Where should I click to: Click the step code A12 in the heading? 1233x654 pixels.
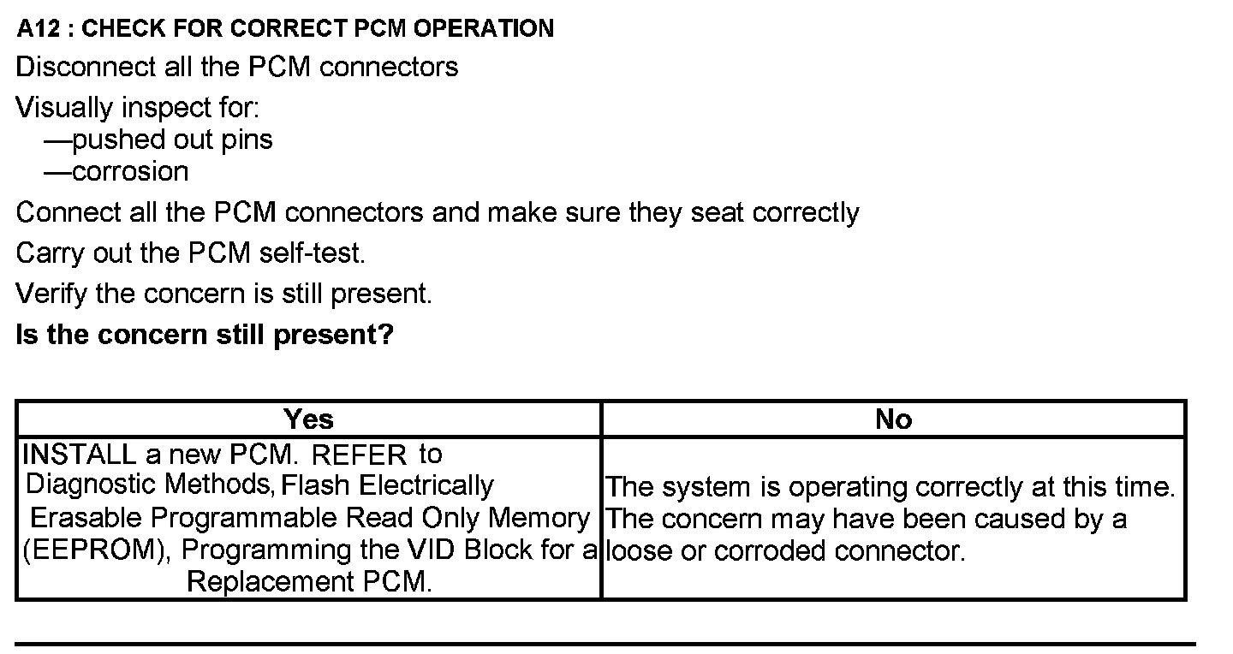tap(39, 28)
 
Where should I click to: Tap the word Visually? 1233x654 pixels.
tap(64, 109)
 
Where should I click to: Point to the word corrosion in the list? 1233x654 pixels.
tap(130, 171)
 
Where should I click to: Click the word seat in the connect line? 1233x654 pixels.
tap(718, 211)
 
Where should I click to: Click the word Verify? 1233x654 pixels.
tap(52, 294)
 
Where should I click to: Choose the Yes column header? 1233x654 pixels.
tap(308, 419)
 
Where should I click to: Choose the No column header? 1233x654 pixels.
tap(893, 419)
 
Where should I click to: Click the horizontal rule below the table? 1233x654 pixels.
tap(605, 643)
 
